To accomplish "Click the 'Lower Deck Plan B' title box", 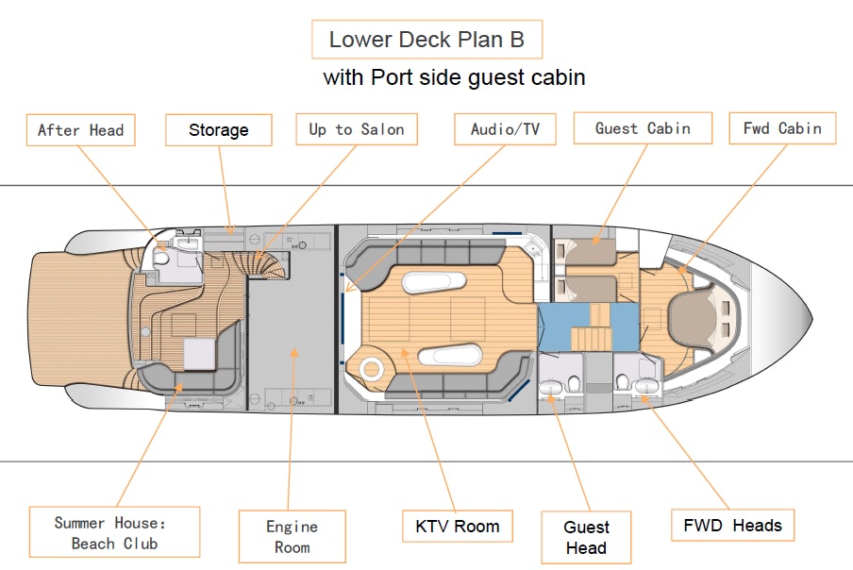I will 426,40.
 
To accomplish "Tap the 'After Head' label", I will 81,130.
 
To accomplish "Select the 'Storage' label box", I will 218,130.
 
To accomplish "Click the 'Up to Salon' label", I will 356,130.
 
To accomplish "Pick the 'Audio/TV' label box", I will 505,130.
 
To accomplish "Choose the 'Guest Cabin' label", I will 643,128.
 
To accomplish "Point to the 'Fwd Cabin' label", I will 782,128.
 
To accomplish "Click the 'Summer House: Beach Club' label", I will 114,532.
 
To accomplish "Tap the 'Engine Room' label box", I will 292,537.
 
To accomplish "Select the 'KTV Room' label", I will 458,526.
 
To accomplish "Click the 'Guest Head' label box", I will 586,537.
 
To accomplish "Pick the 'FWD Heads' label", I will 732,526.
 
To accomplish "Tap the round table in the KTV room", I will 371,369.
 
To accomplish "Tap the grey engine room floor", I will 293,340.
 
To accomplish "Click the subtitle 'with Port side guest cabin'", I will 454,77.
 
